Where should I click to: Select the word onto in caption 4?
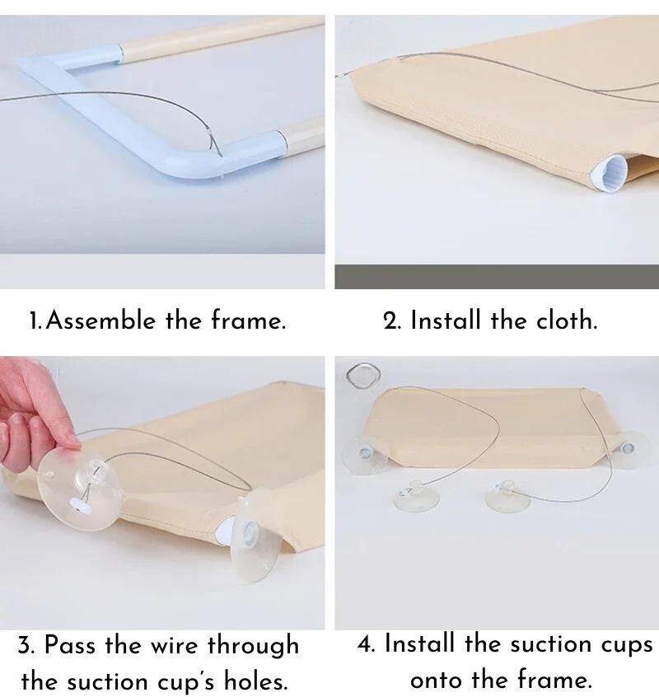[442, 680]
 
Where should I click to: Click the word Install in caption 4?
[421, 643]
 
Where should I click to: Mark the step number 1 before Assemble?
[34, 321]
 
